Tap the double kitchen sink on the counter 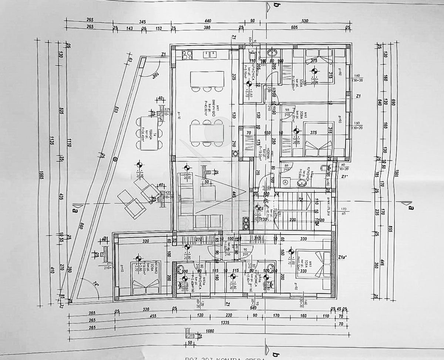pos(210,54)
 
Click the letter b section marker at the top pos(276,4)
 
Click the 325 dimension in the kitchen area pos(234,77)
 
